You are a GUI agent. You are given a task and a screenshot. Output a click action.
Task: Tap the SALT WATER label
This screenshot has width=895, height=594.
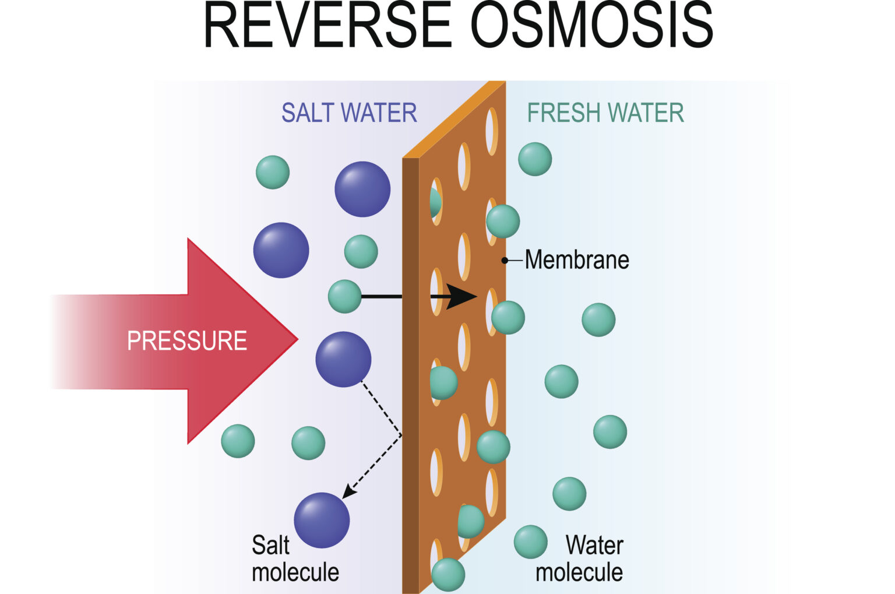tap(349, 113)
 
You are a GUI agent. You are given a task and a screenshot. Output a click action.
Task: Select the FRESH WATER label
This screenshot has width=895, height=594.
tap(605, 113)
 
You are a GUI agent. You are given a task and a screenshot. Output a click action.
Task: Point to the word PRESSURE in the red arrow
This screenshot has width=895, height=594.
tap(187, 340)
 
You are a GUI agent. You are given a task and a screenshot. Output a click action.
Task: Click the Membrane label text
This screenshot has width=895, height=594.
tap(577, 260)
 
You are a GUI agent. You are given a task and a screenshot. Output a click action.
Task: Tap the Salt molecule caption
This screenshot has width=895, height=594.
tap(295, 558)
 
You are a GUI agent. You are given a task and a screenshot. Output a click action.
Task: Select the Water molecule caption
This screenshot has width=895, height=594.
tap(580, 558)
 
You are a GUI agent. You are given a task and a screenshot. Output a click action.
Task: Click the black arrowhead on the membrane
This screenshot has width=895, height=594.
tap(463, 297)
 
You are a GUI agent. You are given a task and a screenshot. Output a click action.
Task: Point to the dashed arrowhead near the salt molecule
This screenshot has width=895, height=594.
tap(347, 493)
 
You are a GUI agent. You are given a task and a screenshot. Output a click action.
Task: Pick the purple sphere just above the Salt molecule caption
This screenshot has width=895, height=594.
tap(322, 520)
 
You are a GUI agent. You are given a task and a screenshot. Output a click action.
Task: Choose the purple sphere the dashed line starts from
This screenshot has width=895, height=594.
tap(343, 359)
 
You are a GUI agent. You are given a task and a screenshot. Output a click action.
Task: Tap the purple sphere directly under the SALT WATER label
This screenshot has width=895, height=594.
tap(362, 189)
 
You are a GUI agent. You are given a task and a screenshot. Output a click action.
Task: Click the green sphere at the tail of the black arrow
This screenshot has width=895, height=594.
tap(345, 296)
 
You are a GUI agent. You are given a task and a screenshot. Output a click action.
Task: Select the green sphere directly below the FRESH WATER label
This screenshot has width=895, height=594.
tap(535, 159)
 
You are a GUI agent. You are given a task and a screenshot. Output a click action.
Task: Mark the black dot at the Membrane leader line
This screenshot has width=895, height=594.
tap(505, 260)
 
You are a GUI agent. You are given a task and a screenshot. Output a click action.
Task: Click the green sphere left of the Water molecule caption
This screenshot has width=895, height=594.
tap(530, 542)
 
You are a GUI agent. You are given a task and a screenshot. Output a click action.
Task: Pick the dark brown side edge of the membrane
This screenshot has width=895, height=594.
tap(410, 373)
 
